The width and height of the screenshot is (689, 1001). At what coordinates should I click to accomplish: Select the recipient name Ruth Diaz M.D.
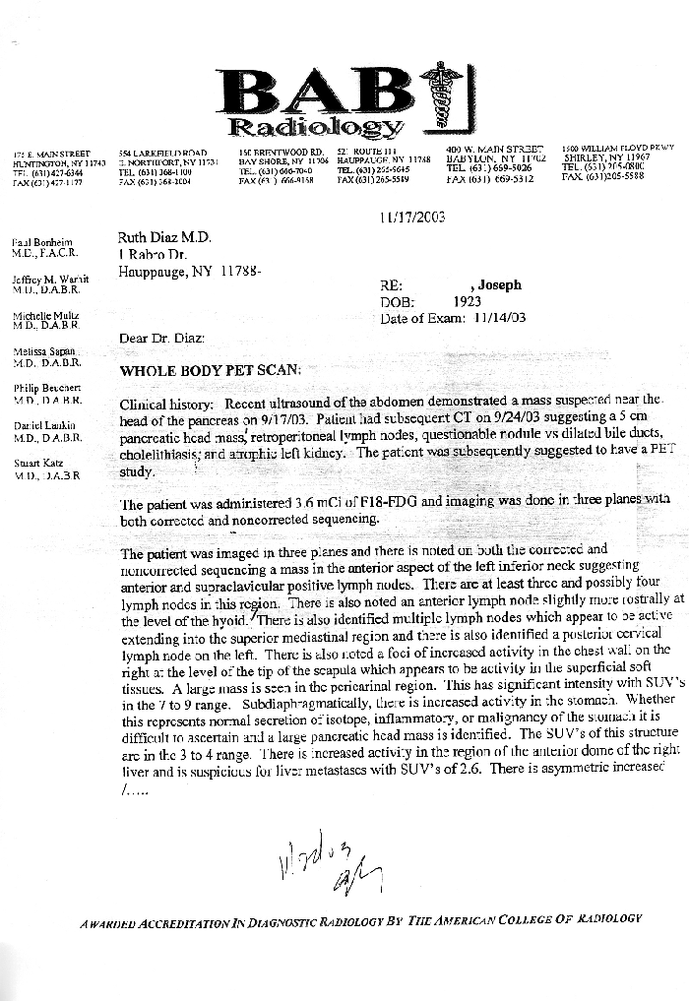[x=164, y=236]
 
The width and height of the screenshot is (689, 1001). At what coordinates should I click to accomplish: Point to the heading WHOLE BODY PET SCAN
[x=204, y=371]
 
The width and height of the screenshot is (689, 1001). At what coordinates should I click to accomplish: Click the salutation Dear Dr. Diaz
[x=161, y=339]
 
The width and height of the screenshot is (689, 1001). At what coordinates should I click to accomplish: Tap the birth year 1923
[x=467, y=302]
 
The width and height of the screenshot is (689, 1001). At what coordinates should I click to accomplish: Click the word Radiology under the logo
[x=315, y=127]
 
